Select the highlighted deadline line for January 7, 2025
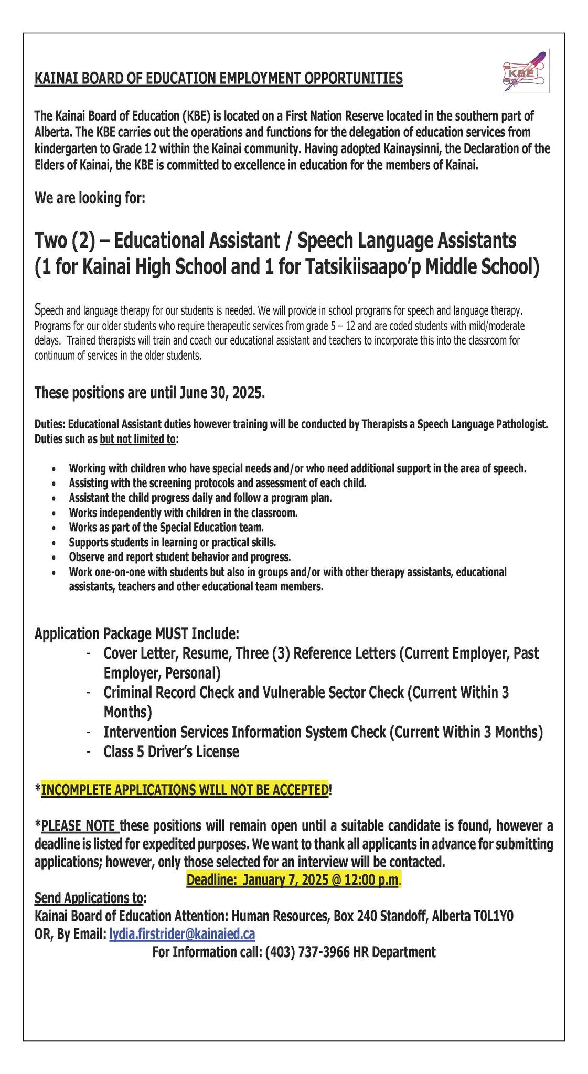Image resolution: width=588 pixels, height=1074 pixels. tap(293, 879)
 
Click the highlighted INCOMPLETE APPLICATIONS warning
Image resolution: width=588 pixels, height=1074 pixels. tap(184, 790)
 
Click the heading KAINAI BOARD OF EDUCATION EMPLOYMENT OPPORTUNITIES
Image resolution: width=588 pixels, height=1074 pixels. tap(218, 79)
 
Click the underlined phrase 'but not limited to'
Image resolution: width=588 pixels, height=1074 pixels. tap(137, 438)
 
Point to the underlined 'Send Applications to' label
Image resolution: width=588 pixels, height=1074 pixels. tap(88, 897)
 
